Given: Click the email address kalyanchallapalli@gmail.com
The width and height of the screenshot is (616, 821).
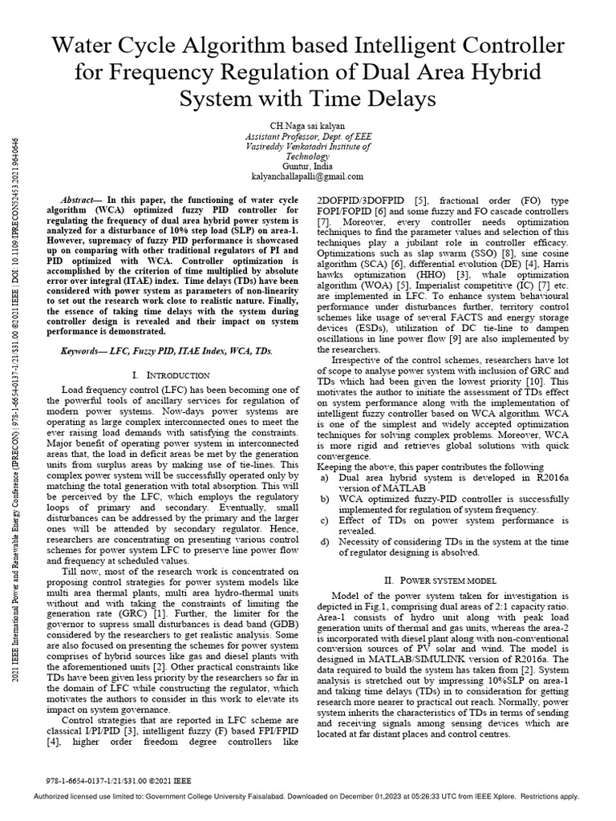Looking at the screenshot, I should point(308,176).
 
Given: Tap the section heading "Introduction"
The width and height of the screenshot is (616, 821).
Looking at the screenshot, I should point(173,374).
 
